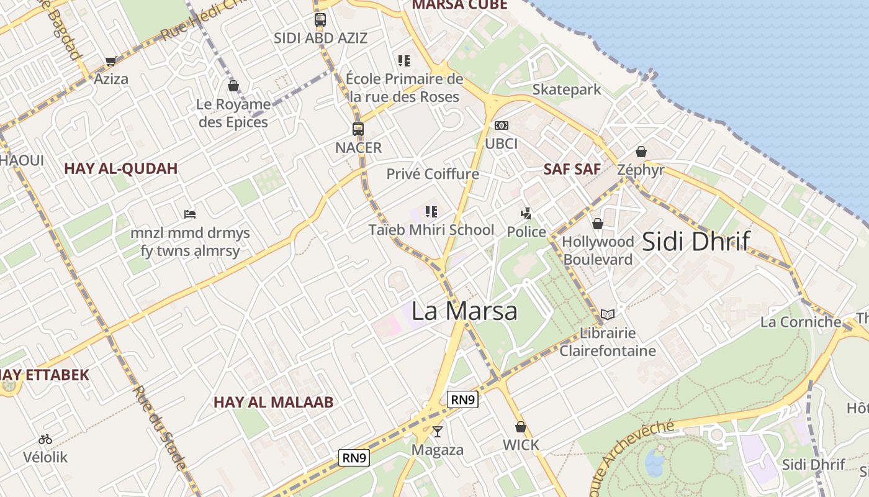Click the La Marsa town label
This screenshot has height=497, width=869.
pos(464,311)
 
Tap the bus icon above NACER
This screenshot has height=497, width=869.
pos(358,129)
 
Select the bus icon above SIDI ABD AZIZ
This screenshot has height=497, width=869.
pos(320,19)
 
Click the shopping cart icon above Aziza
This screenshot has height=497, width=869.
pos(111,61)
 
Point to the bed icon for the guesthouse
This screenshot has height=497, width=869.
pos(190,214)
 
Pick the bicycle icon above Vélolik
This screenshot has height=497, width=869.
pos(45,439)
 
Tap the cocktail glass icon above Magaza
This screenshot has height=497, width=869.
pos(438,431)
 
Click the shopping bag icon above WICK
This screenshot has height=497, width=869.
pos(521,427)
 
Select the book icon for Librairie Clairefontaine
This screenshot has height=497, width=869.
pos(608,314)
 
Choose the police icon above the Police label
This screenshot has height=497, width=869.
pos(526,214)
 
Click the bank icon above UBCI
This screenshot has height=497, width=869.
pos(501,125)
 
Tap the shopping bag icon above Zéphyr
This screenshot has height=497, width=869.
pos(641,152)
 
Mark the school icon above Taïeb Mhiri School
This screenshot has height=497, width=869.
pos(431,212)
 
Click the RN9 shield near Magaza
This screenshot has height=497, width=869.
pos(354,458)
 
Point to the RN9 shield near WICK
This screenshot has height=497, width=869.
pos(462,399)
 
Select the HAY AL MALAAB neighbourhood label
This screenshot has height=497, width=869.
pos(273,402)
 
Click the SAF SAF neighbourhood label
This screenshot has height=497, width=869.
pos(572,169)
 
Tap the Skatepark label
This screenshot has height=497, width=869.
pos(567,89)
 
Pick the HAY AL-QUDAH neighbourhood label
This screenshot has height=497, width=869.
pos(121,168)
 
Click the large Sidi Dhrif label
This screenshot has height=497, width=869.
pos(696,241)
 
